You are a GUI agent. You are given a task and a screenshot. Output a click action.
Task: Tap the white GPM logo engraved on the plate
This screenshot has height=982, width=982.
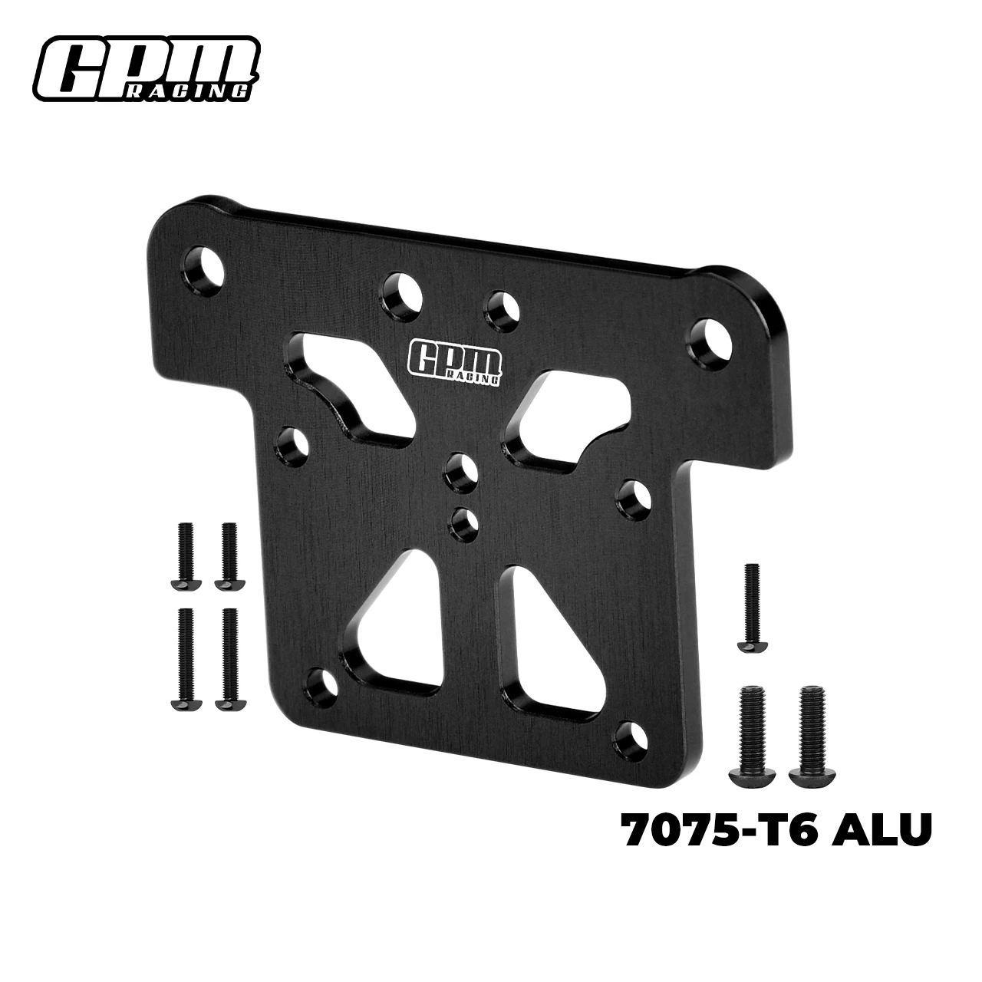(x=454, y=361)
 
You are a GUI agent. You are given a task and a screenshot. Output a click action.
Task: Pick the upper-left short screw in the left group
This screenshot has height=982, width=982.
(x=185, y=555)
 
